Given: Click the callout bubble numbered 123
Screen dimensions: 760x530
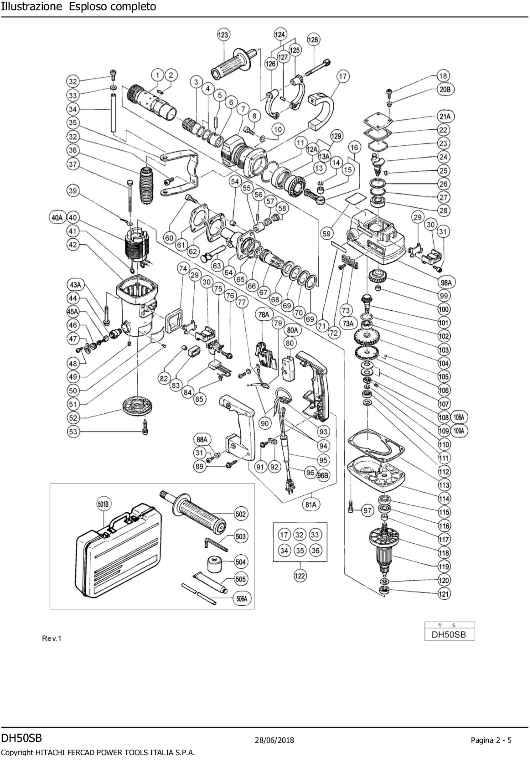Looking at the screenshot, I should [224, 35].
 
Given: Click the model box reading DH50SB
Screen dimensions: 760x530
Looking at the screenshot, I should [449, 635].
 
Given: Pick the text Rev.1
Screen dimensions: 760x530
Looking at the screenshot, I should [52, 638].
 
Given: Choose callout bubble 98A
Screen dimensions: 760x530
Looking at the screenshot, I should [446, 282].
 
